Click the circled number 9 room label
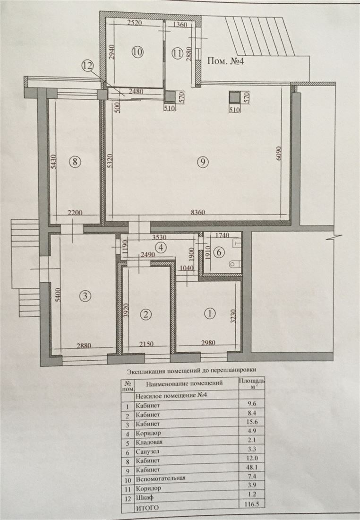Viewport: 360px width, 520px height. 203,162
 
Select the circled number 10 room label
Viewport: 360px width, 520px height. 137,52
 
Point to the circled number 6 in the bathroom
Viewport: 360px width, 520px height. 218,252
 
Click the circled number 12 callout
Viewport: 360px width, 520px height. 88,66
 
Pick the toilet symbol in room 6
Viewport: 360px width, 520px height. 235,264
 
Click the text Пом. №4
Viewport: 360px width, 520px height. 225,61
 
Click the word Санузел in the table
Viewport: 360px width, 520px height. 147,451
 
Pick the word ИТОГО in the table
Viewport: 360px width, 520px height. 146,507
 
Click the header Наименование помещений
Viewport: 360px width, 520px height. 184,384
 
